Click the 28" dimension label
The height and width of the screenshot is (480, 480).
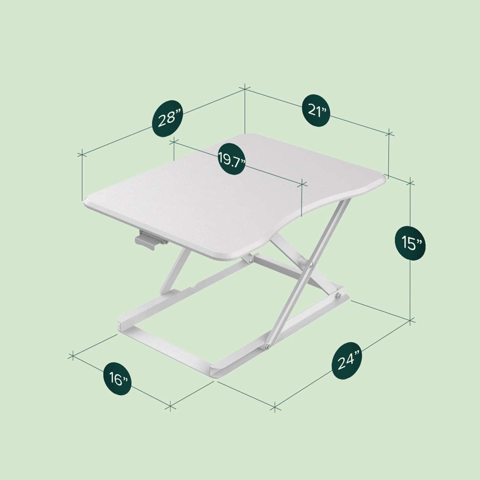tap(169, 118)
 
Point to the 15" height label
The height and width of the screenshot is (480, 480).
tap(410, 243)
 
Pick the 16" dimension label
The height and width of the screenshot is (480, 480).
tap(118, 378)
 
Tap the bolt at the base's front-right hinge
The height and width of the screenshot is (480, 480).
tap(267, 347)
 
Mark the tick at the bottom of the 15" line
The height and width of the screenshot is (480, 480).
tap(411, 321)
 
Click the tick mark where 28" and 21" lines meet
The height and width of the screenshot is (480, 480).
tap(245, 89)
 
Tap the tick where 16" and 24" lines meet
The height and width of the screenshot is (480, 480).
tap(275, 407)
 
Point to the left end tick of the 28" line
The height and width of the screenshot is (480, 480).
tap(82, 154)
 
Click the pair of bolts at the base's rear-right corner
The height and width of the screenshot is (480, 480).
tap(339, 296)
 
